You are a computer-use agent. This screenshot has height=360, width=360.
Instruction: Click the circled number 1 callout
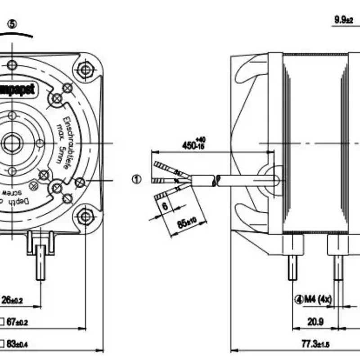click(x=136, y=180)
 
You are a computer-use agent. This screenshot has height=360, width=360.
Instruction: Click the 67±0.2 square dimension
click(x=18, y=323)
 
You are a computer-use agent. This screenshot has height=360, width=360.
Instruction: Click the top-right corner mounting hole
click(x=85, y=70)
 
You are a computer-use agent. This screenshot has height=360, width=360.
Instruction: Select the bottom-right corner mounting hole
click(x=85, y=216)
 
